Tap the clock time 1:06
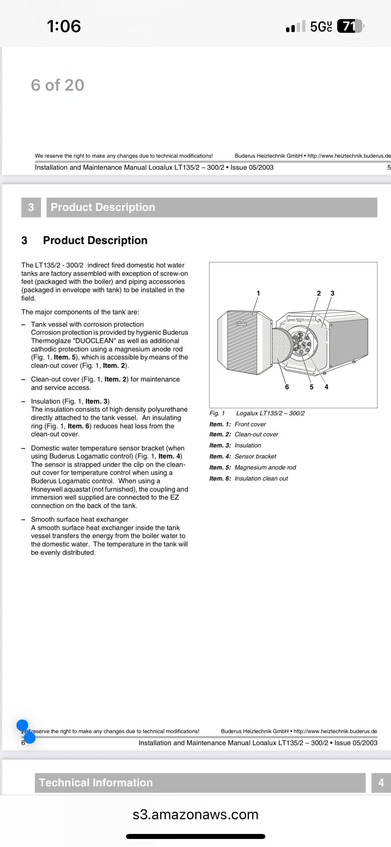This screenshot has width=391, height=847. pos(64,26)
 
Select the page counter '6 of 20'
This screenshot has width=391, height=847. pos(57,85)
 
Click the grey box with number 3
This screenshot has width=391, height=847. pos(31,207)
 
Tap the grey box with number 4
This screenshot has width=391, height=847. pos(381,782)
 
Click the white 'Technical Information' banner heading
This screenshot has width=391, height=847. pos(96,782)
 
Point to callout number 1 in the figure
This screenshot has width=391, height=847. pos(258,293)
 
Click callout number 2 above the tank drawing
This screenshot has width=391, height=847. pos(319,293)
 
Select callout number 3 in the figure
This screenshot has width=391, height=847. pos(332,293)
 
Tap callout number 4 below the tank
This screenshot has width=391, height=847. pos(327,387)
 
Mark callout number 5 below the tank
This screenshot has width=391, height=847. pos(311,387)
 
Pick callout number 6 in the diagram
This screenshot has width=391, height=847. pos(287,387)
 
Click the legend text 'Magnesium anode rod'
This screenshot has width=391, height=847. pos(265,467)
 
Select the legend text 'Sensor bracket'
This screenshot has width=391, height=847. pos(255,456)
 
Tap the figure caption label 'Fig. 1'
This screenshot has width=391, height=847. pos(217,413)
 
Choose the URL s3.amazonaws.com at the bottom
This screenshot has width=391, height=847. pos(195,815)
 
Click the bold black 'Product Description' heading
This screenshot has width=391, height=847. pos(95,240)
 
